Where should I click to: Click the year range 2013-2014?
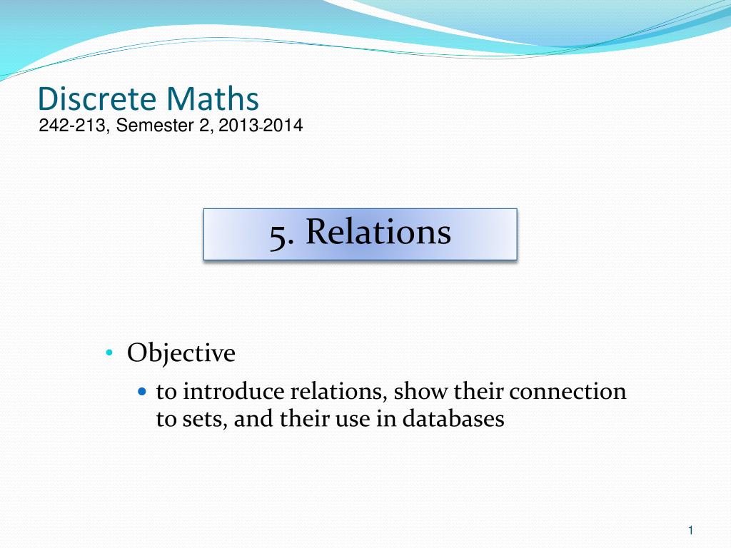[261, 126]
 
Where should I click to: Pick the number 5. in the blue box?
[283, 233]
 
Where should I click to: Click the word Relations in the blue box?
[378, 233]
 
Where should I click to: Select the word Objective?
[181, 353]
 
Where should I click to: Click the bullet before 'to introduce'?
[141, 392]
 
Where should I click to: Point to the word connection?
[568, 392]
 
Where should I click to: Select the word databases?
[453, 419]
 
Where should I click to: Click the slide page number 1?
[691, 529]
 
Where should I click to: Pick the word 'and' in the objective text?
[254, 419]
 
